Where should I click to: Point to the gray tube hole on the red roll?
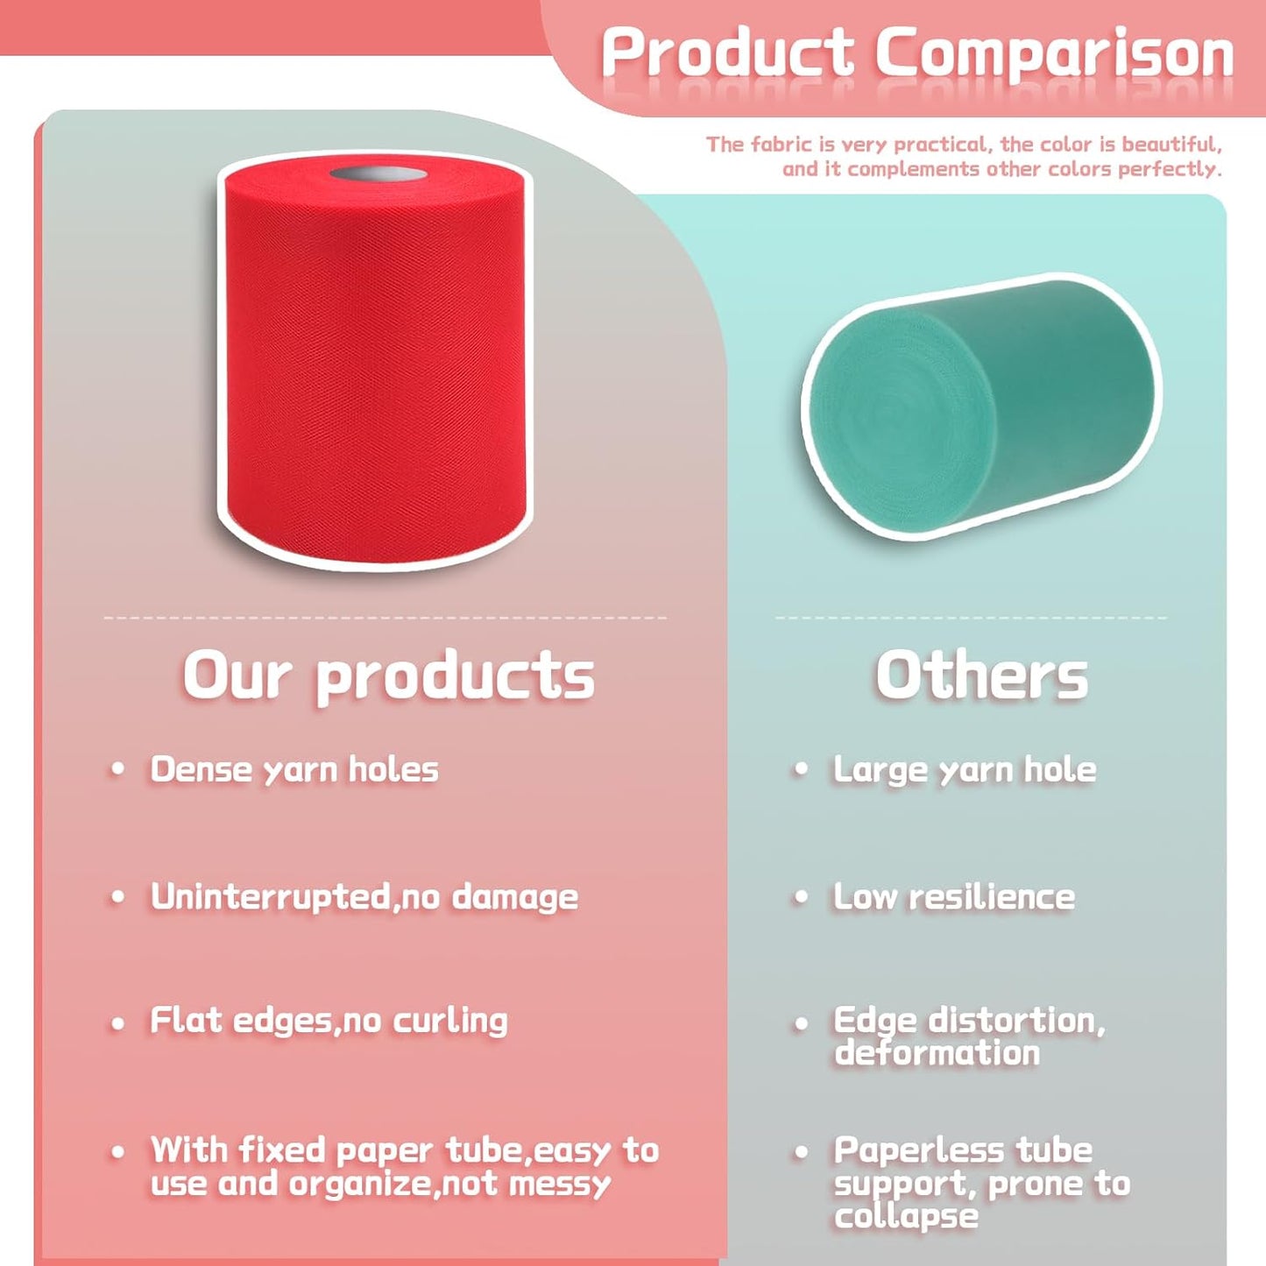point(378,173)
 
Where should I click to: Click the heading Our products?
point(388,676)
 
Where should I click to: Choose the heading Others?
point(981,676)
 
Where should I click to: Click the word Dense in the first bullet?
point(201,769)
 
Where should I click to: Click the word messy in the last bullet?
point(560,1185)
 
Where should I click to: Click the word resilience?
point(991,896)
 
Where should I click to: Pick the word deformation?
point(937,1052)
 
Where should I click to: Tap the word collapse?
point(906,1217)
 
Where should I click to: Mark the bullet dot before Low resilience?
point(801,897)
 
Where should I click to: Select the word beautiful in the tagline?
point(1171,144)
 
